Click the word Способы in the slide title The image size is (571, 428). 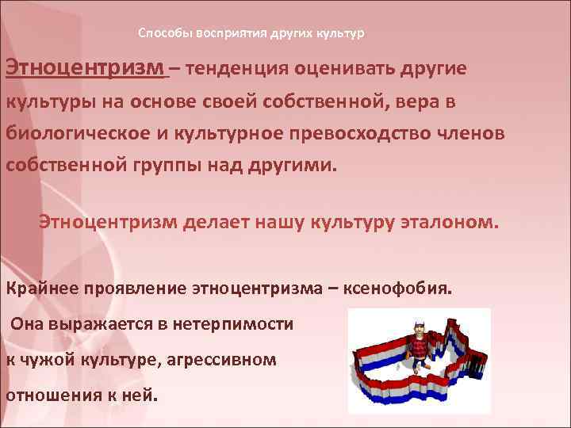click(x=162, y=34)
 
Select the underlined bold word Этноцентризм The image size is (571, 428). click(x=86, y=68)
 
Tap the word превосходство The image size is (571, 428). click(x=363, y=134)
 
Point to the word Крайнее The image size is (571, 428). click(x=38, y=287)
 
